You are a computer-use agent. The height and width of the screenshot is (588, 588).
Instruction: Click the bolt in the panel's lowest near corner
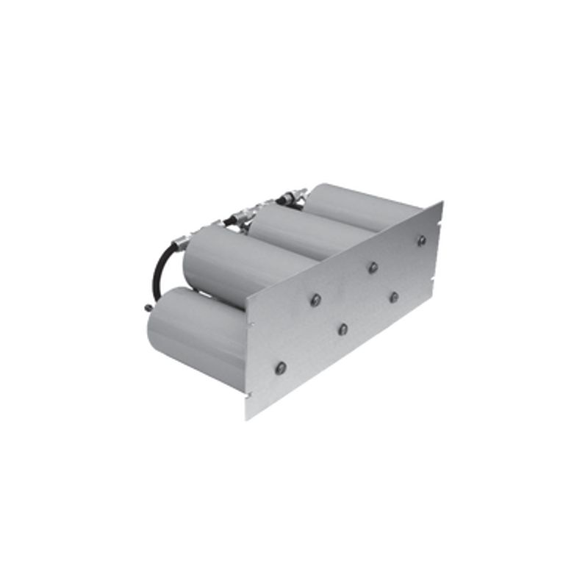pos(280,367)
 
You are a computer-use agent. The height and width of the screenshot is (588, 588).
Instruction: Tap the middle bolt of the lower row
pos(343,329)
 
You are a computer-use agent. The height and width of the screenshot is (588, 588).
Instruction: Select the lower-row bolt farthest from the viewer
pos(394,297)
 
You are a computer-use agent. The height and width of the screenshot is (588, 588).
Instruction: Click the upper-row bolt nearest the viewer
pos(315,300)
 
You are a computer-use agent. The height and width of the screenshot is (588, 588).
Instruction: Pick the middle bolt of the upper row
pos(373,268)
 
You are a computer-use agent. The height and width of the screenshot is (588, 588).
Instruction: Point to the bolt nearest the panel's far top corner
pos(421,240)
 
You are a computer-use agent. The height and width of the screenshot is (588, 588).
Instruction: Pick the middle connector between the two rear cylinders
pos(240,217)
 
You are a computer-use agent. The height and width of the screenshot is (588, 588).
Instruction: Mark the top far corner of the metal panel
pos(442,201)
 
